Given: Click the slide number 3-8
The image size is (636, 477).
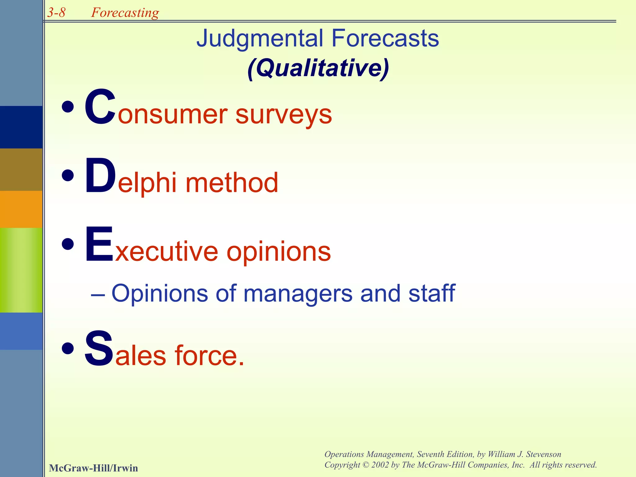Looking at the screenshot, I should click(57, 13).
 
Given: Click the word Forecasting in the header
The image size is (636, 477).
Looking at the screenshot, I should click(125, 13).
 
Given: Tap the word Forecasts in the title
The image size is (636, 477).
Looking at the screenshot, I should click(385, 39).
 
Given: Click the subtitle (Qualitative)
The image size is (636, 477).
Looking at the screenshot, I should click(318, 68).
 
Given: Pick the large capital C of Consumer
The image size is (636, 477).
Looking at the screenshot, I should click(100, 107).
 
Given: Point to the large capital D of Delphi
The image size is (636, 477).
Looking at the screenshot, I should click(100, 176).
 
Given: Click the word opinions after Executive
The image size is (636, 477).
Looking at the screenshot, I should click(279, 252).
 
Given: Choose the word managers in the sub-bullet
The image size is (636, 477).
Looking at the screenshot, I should click(298, 293).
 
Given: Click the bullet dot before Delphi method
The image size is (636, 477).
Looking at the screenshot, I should click(68, 176).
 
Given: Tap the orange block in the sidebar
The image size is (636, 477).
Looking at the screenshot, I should click(21, 209).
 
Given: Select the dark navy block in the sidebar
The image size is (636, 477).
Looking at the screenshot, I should click(21, 127).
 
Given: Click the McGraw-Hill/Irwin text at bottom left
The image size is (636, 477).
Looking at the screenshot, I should click(93, 468).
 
